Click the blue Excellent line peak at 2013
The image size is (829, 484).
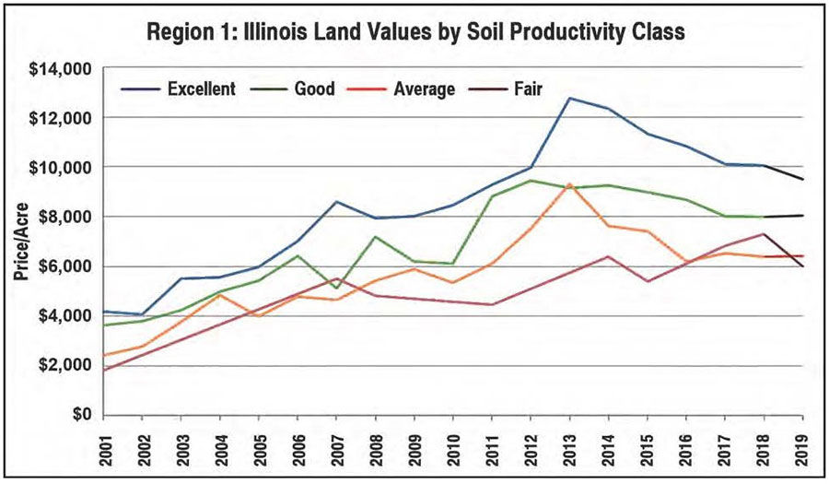click(570, 98)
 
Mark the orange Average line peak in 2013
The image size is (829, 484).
click(570, 184)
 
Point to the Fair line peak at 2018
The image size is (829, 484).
click(764, 234)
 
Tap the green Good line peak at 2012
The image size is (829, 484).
click(531, 181)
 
